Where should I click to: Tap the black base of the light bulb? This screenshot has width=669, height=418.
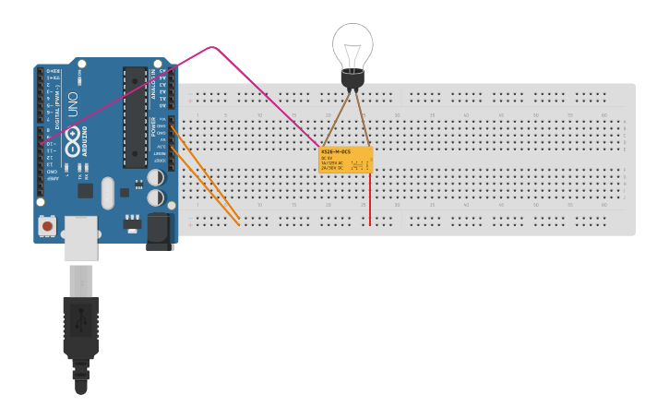point(352,79)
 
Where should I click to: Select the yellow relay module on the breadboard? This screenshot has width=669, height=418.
point(346,160)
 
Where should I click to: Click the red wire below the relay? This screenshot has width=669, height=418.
point(370,198)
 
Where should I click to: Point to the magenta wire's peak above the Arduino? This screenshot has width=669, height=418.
point(213,46)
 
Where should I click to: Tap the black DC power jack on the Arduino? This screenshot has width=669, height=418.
point(160,231)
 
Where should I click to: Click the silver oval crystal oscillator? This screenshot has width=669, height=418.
point(108,193)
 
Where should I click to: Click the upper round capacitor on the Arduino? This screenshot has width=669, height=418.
point(156,177)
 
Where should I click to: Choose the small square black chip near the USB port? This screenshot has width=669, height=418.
point(85,190)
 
